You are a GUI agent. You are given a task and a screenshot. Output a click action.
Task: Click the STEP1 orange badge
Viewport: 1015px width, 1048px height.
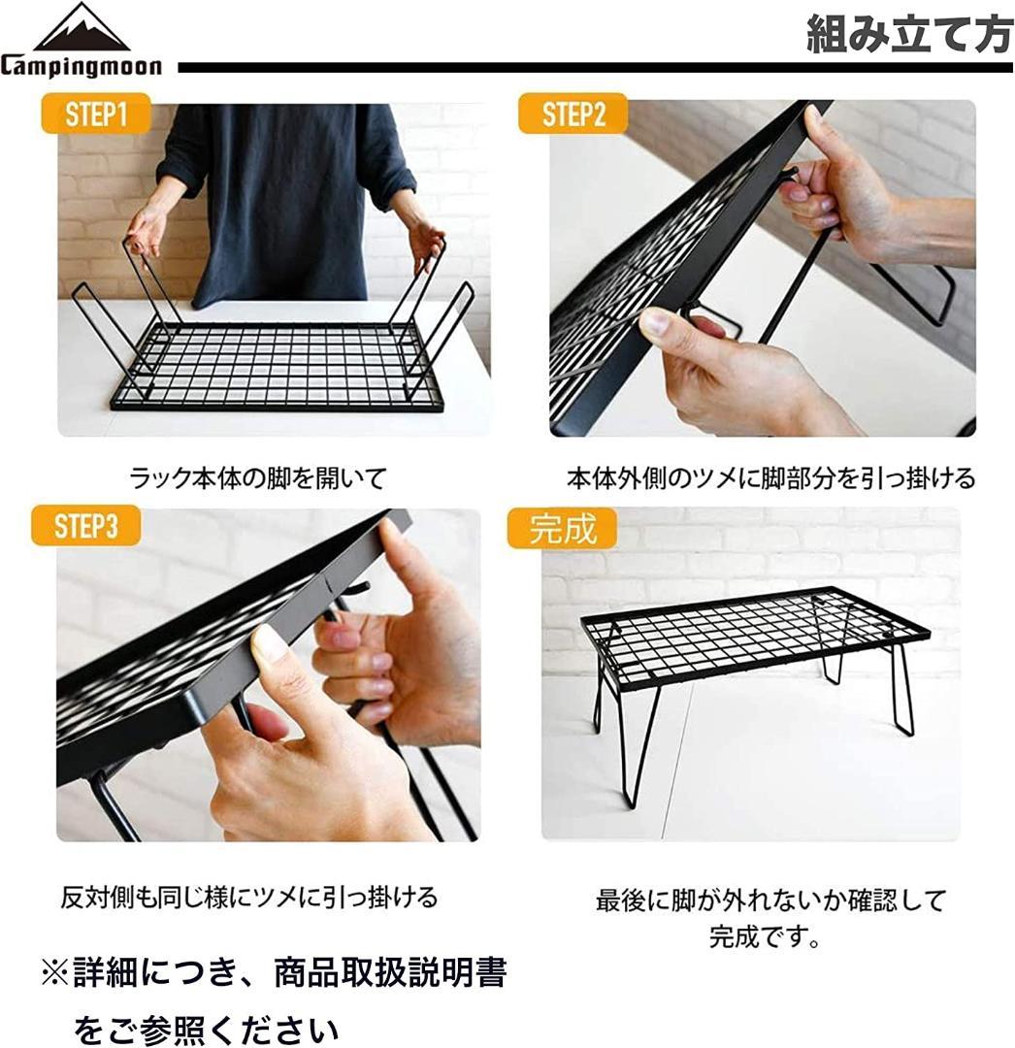click(x=95, y=113)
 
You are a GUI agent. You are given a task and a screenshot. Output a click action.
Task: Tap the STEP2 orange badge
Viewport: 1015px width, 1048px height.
click(x=573, y=113)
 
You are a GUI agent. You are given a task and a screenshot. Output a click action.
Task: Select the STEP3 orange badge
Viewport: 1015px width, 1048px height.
click(x=86, y=525)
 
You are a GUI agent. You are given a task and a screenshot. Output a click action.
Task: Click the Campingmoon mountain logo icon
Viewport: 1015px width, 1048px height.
click(x=81, y=27)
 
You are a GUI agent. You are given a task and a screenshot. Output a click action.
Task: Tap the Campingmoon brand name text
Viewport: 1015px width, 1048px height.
click(x=81, y=66)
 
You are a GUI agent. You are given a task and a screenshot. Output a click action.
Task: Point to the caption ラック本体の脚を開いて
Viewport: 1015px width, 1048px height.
click(x=258, y=477)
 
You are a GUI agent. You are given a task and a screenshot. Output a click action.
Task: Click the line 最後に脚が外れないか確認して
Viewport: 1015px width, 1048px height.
click(x=771, y=901)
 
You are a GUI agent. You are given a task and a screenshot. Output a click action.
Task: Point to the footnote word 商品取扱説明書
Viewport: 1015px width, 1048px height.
click(x=390, y=972)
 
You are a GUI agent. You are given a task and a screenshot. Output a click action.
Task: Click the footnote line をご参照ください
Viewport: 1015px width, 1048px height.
click(x=206, y=1030)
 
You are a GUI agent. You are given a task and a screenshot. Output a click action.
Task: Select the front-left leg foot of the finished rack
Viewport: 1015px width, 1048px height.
click(x=631, y=804)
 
